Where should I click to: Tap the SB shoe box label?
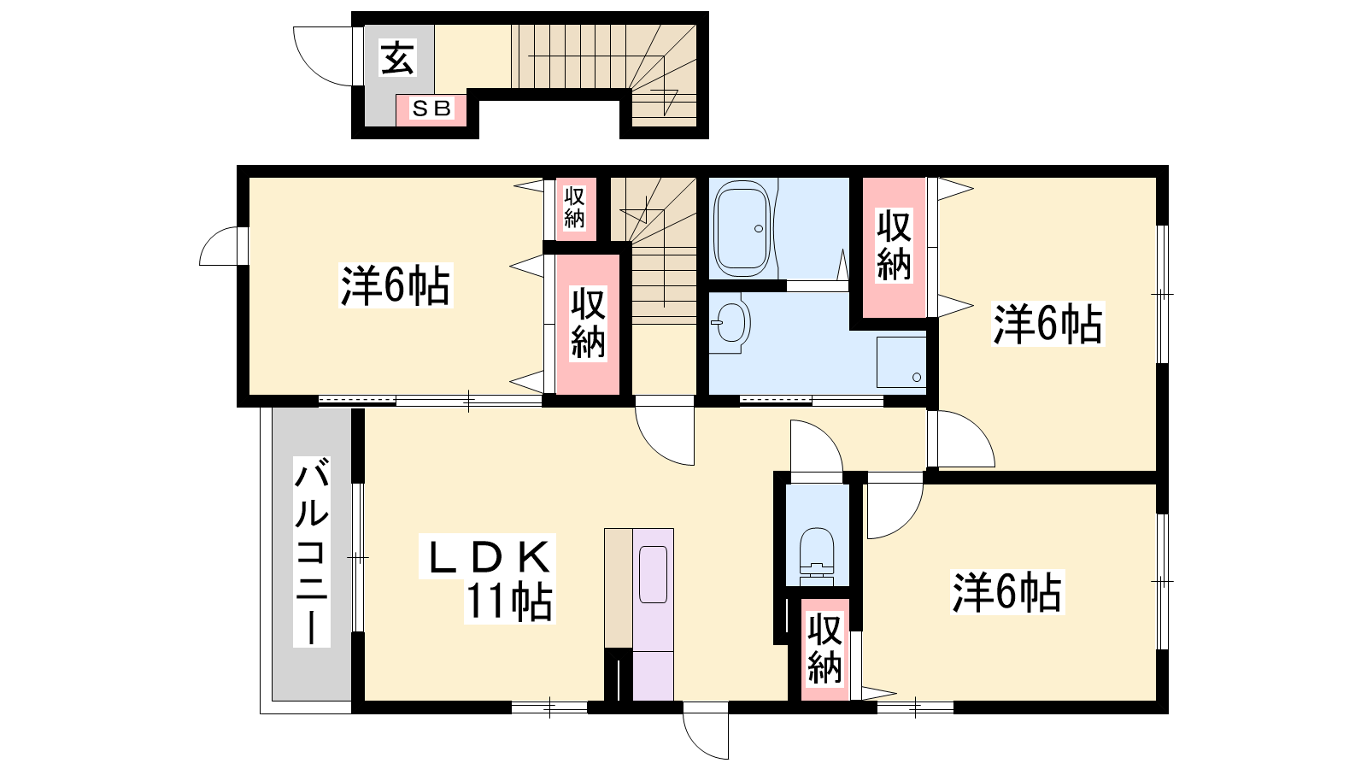[x=431, y=109]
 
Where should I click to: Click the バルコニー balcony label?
[x=311, y=551]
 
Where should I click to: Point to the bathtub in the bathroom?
[x=742, y=228]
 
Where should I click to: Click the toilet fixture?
[x=817, y=552]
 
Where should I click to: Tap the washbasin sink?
[x=730, y=323]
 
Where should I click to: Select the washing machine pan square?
[x=901, y=362]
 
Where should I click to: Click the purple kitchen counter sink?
[x=653, y=574]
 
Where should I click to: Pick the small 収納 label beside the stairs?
[x=574, y=208]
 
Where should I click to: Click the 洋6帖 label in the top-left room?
[x=396, y=285]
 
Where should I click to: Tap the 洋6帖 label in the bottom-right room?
[x=1007, y=591]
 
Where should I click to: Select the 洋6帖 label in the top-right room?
[x=1047, y=324]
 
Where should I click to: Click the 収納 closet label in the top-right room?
[x=894, y=244]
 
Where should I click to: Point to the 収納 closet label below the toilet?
[x=824, y=649]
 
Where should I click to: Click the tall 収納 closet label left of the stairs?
[x=588, y=323]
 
